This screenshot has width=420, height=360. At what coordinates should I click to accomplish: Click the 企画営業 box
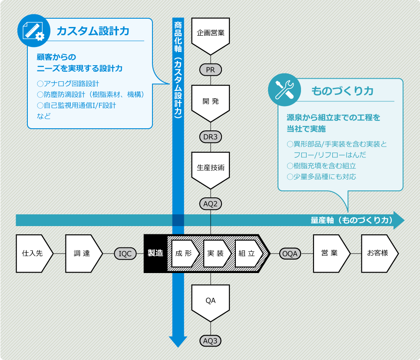[x=211, y=33]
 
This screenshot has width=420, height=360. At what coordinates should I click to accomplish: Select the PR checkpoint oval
[x=211, y=70]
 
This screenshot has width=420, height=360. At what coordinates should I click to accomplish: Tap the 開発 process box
[x=211, y=101]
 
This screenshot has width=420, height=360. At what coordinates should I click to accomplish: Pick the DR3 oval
[x=211, y=137]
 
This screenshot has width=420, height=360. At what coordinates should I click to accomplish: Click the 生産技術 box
[x=211, y=167]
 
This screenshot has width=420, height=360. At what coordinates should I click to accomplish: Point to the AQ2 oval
[x=211, y=203]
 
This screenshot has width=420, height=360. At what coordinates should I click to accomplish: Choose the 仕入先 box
[x=33, y=253]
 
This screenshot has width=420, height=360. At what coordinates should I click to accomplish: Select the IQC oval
[x=125, y=253]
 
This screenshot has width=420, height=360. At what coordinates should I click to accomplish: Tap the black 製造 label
[x=155, y=253]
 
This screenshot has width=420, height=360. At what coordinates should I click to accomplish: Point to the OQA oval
[x=290, y=253]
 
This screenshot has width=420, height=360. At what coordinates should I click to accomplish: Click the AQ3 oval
[x=211, y=340]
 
